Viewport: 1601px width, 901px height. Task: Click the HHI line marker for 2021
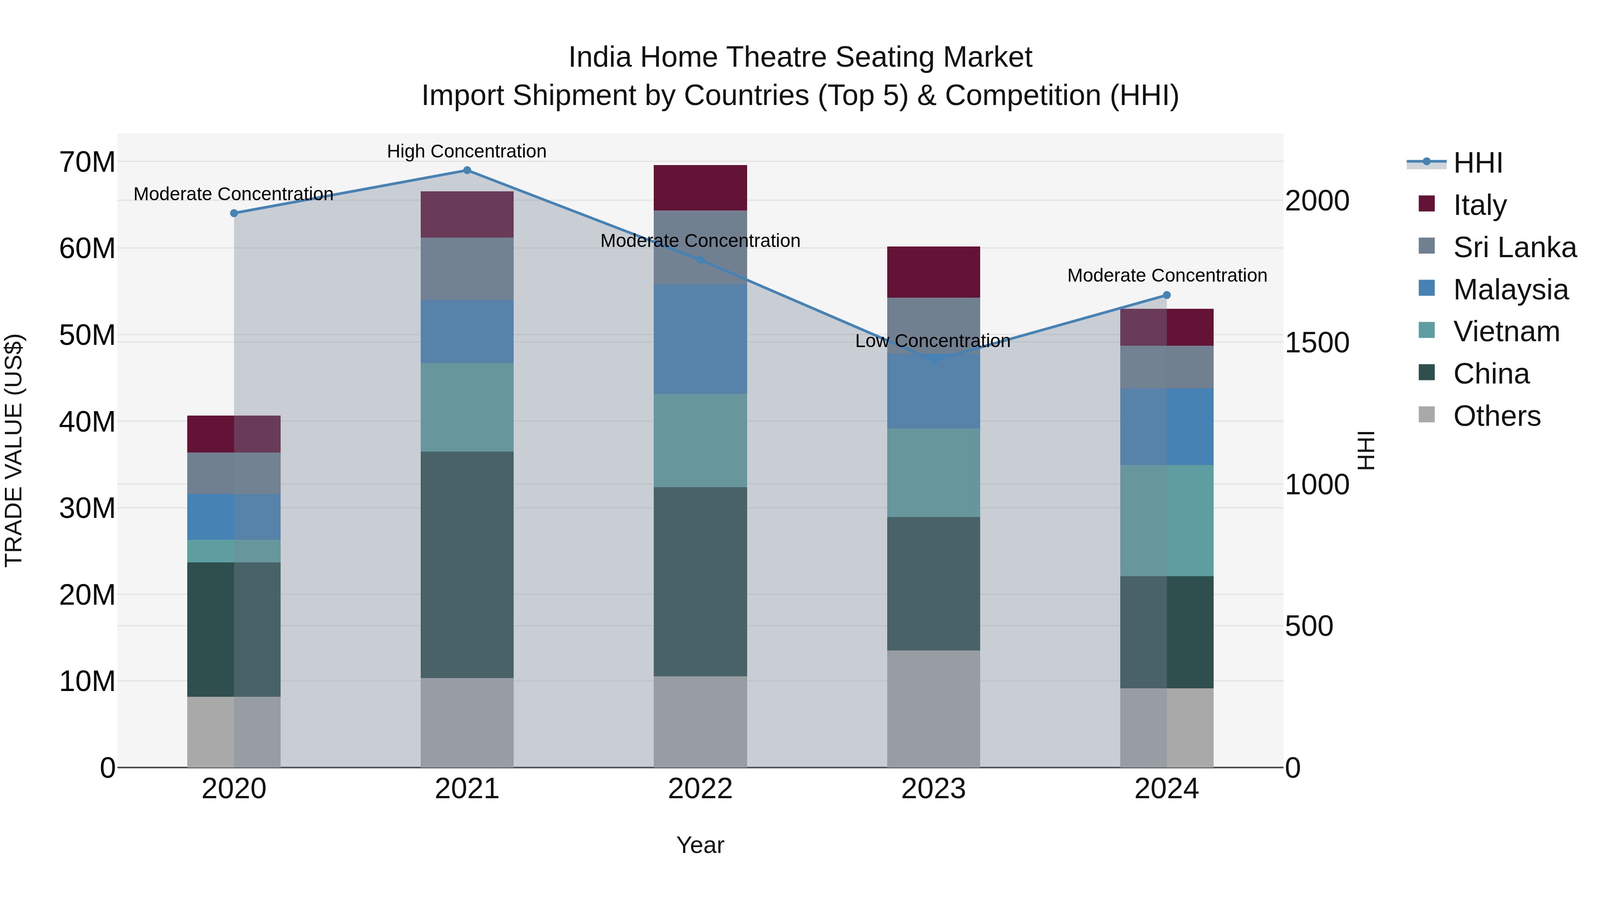[467, 170]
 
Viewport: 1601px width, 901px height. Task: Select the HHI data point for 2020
[233, 213]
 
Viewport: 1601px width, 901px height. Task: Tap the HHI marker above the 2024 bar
[1167, 295]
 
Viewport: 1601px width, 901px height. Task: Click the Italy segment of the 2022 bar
[700, 188]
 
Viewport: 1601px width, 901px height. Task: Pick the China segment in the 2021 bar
[467, 565]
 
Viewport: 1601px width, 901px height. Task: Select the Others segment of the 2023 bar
[933, 709]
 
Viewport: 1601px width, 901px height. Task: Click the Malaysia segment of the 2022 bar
[700, 339]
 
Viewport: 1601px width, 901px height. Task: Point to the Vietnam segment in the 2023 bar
[933, 473]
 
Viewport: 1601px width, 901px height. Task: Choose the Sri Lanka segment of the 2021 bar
[467, 269]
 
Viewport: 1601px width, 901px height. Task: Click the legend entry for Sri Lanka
[1514, 247]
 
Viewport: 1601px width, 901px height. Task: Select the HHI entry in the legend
[1477, 163]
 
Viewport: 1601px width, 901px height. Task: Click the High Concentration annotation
[467, 151]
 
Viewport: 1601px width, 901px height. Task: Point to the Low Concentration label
[932, 341]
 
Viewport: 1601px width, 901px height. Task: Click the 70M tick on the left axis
[87, 162]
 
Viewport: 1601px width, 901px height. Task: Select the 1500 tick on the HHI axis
[1317, 343]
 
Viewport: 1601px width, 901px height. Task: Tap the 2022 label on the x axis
[700, 789]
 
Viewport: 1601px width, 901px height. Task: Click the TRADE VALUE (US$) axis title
[14, 450]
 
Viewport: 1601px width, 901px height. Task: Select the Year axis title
[700, 845]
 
